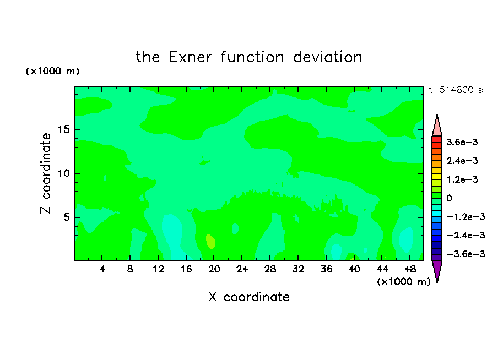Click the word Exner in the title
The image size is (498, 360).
pos(190,57)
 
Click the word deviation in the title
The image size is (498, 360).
pos(327,57)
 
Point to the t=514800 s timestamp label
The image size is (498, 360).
pos(456,90)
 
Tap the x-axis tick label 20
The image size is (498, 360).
pos(214,269)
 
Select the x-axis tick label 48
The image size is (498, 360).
pos(410,269)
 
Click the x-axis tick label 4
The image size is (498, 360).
pos(102,269)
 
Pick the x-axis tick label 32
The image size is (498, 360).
pos(298,269)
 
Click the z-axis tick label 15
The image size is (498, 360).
pos(63,129)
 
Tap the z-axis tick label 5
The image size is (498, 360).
pos(66,217)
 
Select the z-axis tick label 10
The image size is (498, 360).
pos(63,173)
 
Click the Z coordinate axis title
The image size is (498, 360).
pos(45,173)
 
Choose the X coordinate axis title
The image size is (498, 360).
pos(249,297)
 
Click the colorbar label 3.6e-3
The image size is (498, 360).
pos(462,142)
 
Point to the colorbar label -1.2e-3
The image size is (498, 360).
pos(465,217)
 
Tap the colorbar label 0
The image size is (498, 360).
pos(449,198)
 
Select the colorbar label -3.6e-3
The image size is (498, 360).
pos(465,254)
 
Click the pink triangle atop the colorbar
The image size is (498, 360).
pos(437,127)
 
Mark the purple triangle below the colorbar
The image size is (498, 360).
pos(437,270)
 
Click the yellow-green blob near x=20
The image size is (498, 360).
pos(210,241)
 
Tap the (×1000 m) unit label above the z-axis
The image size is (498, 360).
pos(52,71)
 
